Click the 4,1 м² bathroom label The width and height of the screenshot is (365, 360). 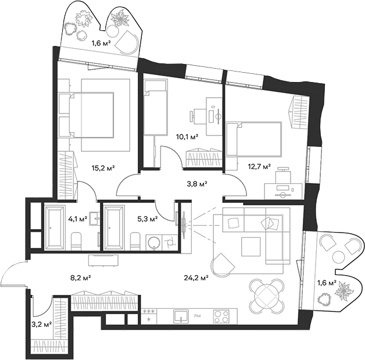coord(77,219)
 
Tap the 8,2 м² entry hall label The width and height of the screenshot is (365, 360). coord(81,279)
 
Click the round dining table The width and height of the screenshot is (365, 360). coord(267,294)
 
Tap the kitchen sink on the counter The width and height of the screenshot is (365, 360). coord(180,316)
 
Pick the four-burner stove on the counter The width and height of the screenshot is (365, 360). coord(220,317)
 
